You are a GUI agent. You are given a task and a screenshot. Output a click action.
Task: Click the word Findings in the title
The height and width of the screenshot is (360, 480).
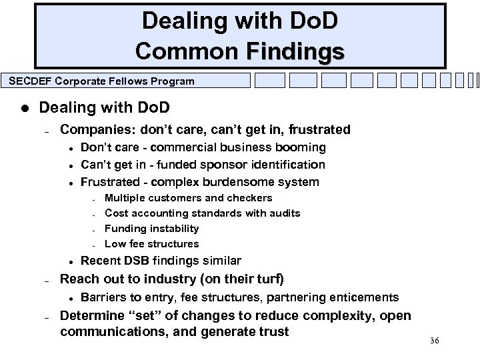[x=295, y=51]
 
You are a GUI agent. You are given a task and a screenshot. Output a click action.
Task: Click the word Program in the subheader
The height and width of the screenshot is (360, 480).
[x=173, y=81]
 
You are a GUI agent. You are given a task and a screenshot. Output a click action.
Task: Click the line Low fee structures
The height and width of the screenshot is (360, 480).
[x=152, y=243]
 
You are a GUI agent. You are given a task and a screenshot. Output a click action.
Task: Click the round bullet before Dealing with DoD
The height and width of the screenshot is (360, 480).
[x=24, y=108]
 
